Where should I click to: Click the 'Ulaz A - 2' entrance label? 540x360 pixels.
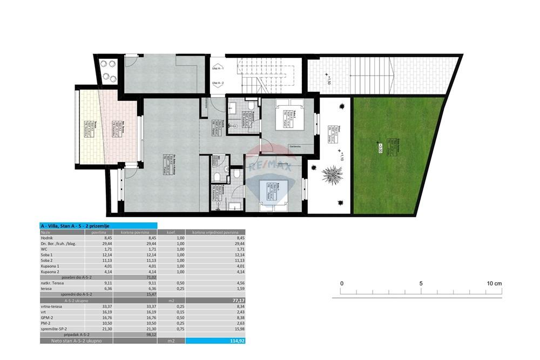click(x=218, y=83)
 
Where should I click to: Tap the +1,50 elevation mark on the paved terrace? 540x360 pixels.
click(x=328, y=81)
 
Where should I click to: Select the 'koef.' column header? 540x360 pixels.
click(x=172, y=231)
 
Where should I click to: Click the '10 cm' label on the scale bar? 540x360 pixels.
click(x=494, y=283)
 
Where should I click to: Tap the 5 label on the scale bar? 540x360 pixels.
click(x=421, y=283)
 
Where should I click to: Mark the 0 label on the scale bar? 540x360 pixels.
click(x=341, y=283)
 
